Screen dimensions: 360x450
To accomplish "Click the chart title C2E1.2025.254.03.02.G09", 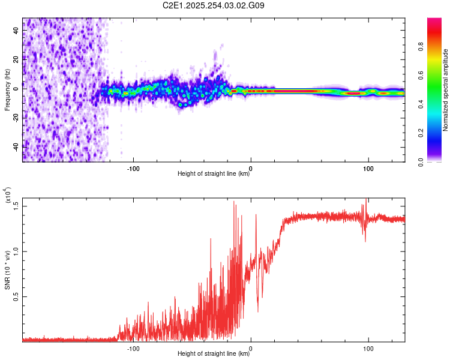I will pos(214,5).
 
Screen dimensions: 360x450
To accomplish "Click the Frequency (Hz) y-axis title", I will pos(7,90).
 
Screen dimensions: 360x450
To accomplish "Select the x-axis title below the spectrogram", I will pos(214,174).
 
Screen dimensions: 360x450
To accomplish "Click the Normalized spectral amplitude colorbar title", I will pos(446,90).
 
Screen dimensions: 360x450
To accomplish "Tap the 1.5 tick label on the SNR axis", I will pos(17,206).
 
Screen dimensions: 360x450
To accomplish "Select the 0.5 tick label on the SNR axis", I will pos(17,296).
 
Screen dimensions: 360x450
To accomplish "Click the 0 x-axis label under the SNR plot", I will pos(251,347).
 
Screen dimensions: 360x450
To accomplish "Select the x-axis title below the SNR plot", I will pos(214,354).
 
